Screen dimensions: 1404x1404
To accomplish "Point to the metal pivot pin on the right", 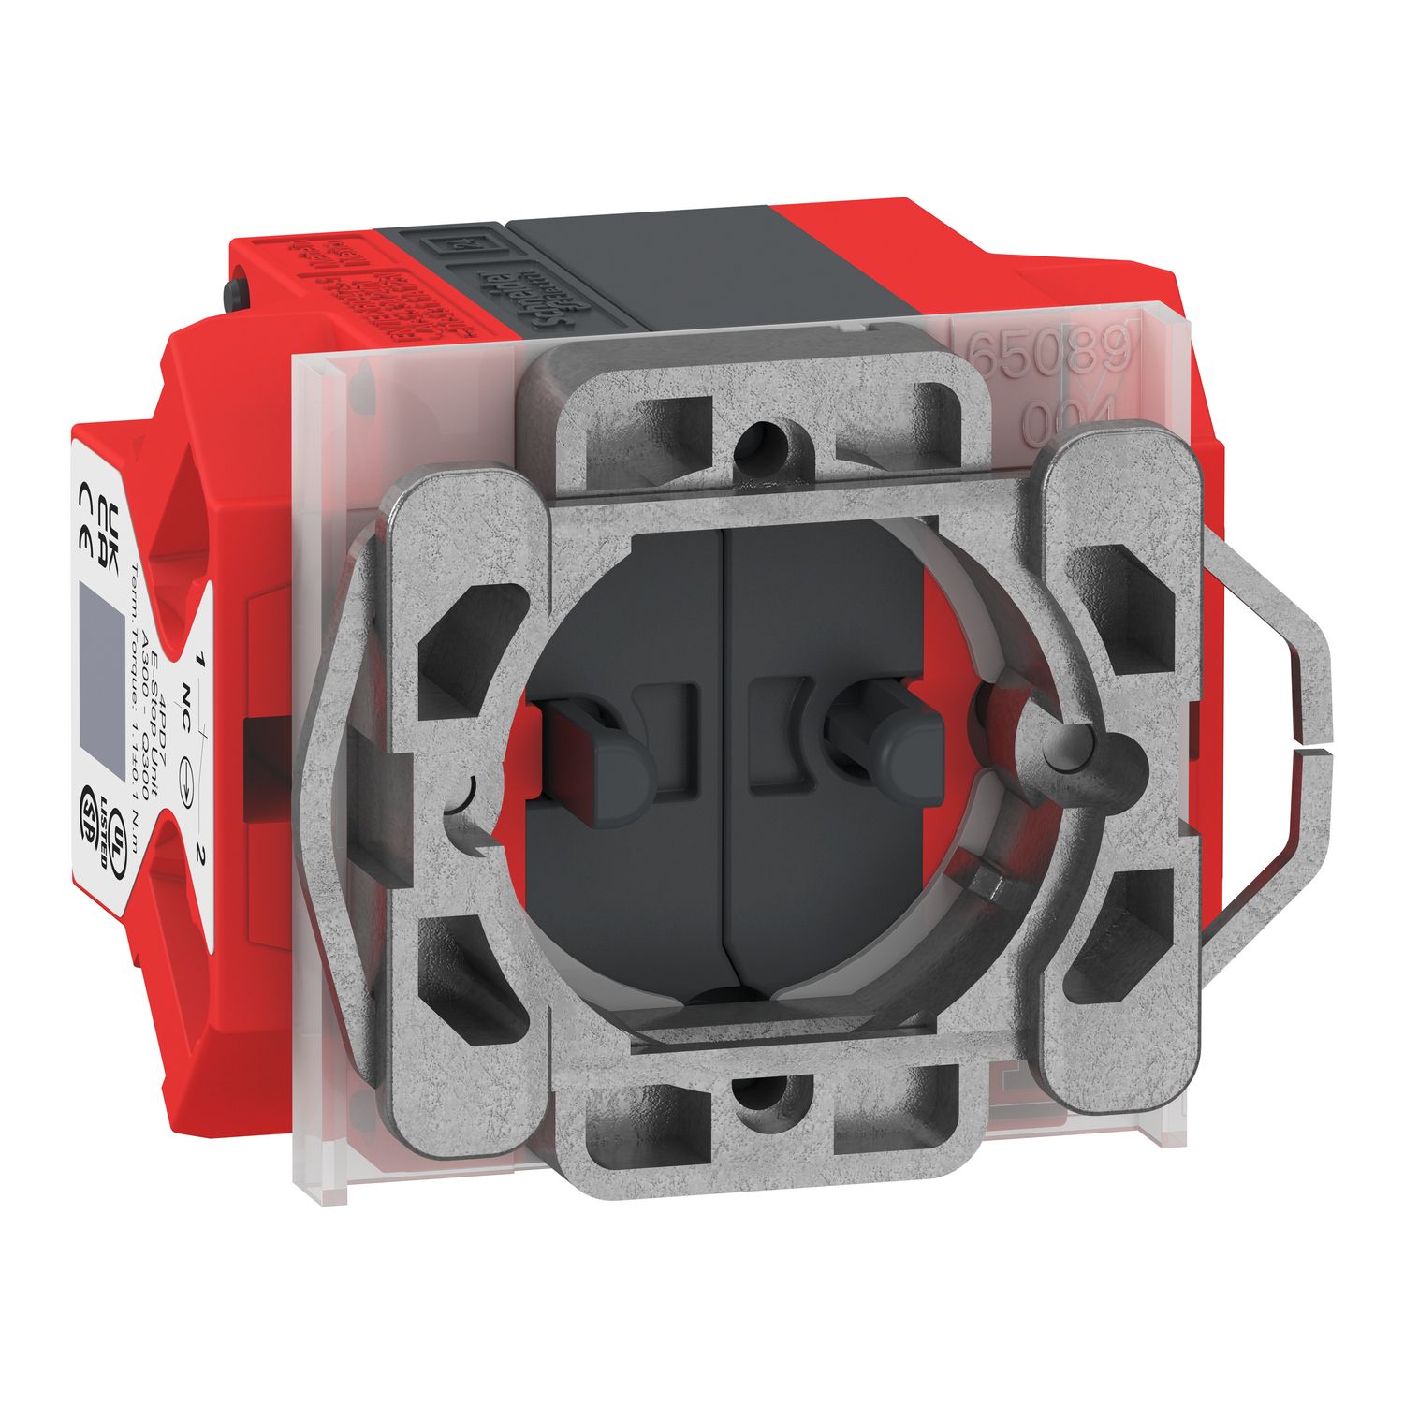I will pos(1067,749).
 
